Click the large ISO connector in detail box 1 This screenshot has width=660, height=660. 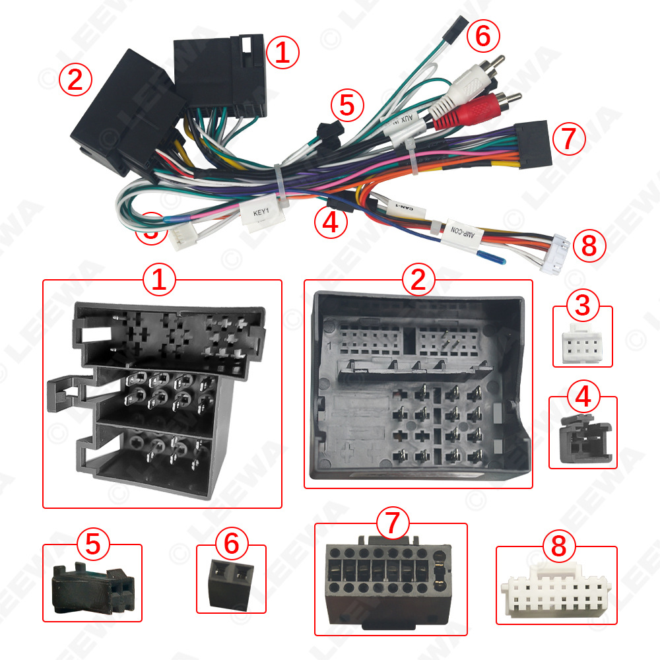point(158,396)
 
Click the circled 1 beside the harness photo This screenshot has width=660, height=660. point(282,53)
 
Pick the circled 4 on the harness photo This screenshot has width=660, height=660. point(331,222)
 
